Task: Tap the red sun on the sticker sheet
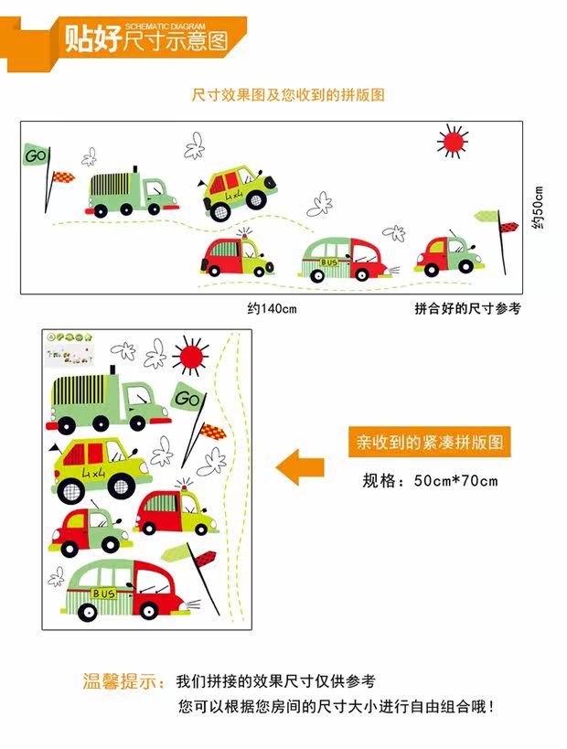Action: pos(191,357)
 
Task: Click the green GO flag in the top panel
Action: pos(36,155)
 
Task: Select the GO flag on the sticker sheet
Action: pos(187,399)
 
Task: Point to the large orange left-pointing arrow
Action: pos(301,466)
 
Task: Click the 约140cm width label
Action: pos(272,309)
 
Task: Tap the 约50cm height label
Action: pos(538,209)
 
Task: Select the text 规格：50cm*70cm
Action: pos(430,481)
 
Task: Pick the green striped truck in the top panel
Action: pos(132,192)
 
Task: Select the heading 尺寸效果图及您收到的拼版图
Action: pos(288,95)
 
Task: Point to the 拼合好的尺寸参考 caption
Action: pos(467,309)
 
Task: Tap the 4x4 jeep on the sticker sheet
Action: pos(98,467)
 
